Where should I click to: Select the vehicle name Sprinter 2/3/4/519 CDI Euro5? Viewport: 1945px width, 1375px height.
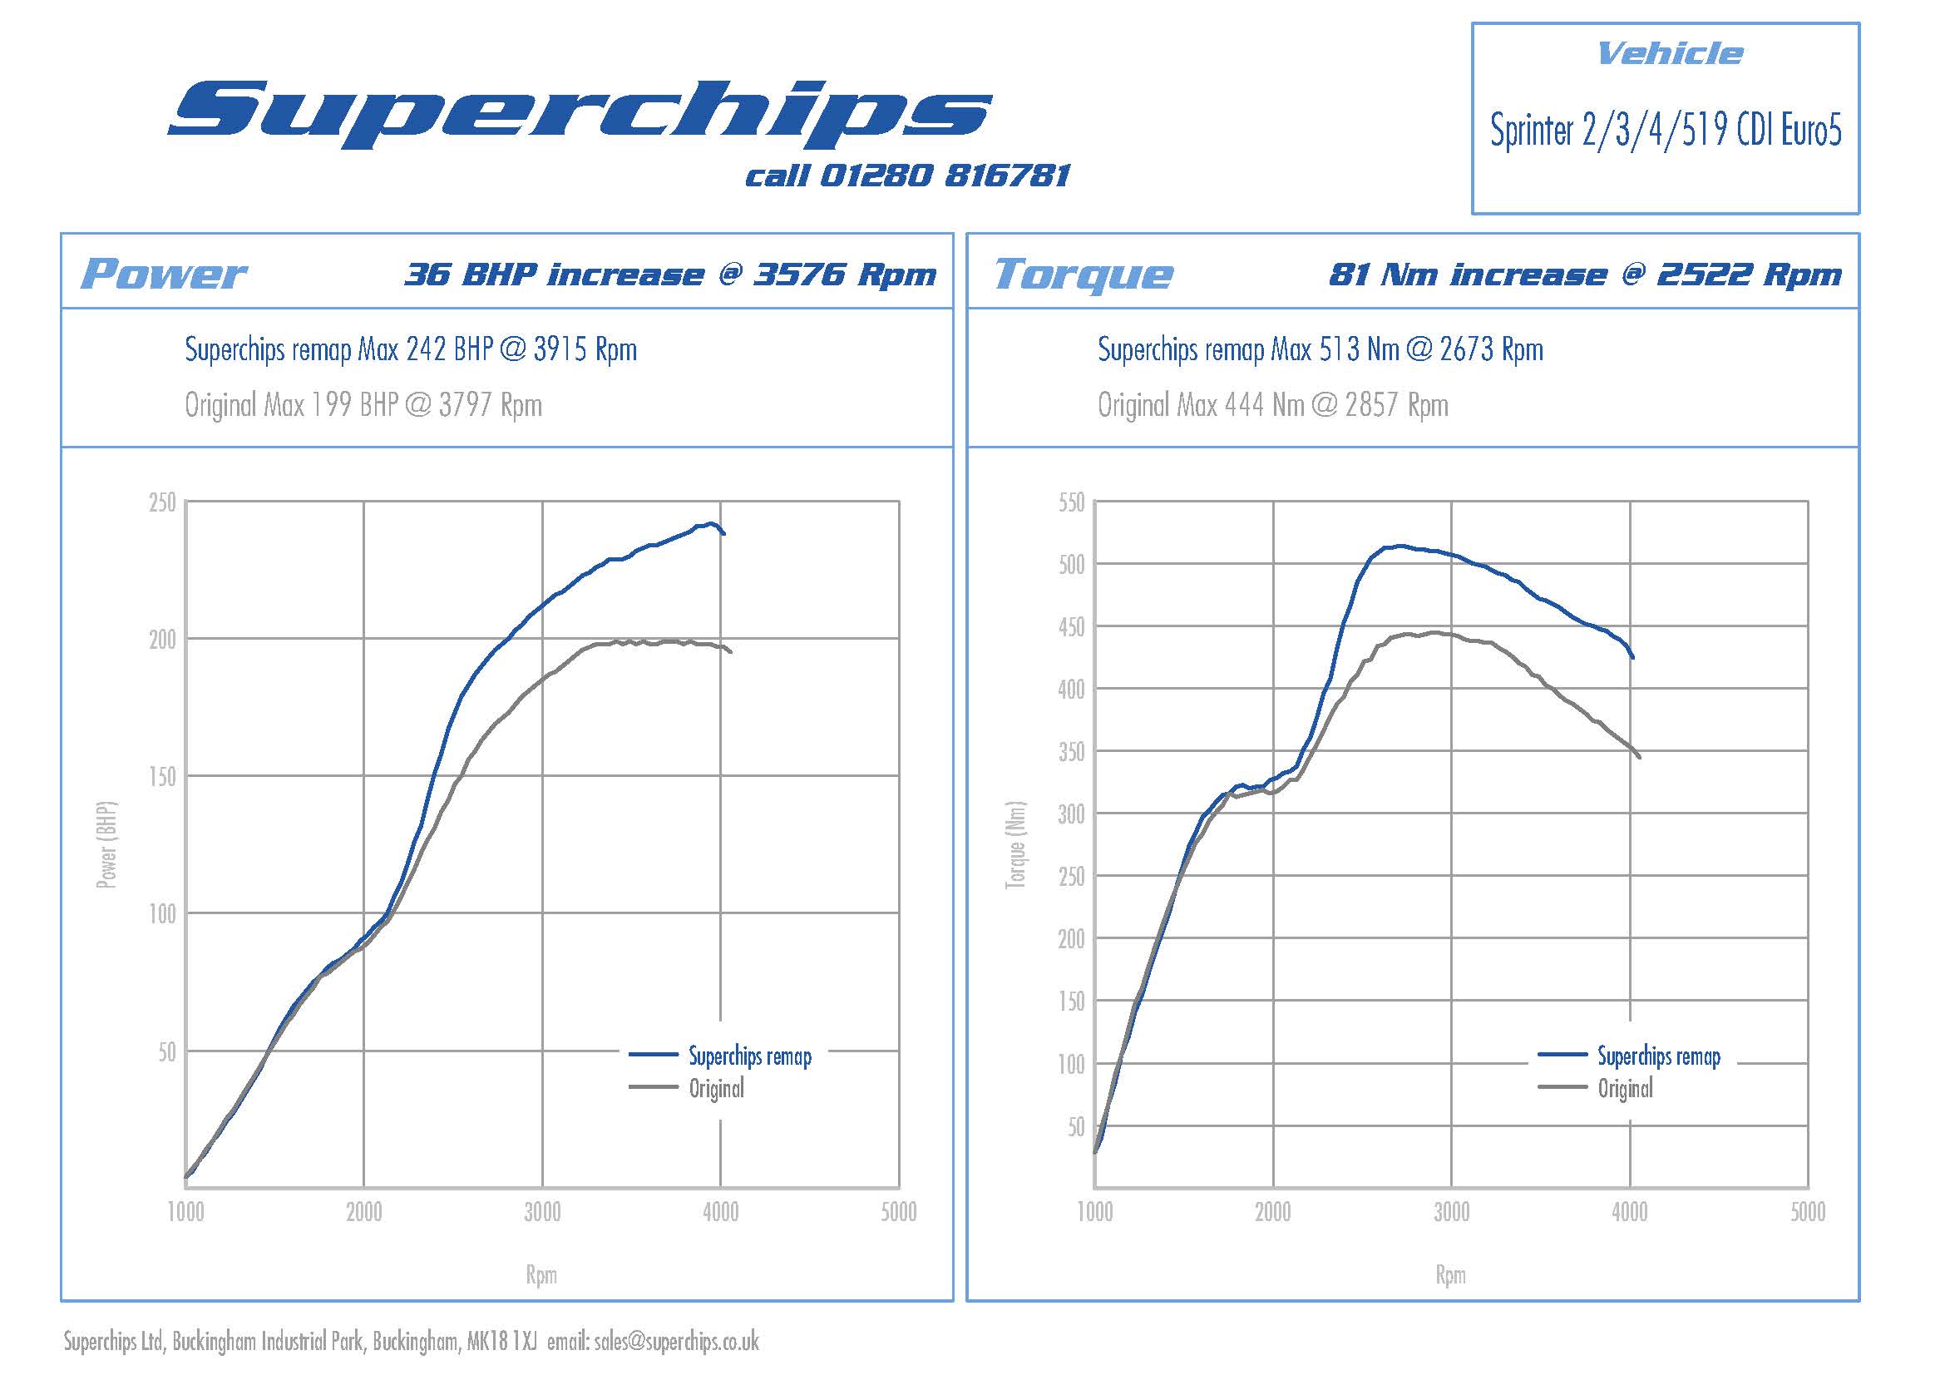pyautogui.click(x=1666, y=131)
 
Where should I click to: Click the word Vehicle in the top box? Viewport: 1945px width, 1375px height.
pyautogui.click(x=1669, y=54)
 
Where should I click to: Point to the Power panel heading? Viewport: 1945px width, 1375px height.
pyautogui.click(x=163, y=274)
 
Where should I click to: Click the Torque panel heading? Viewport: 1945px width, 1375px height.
pyautogui.click(x=1084, y=274)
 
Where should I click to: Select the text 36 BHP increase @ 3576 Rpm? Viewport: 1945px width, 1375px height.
pyautogui.click(x=670, y=275)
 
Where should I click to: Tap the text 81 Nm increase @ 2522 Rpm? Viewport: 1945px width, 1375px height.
pyautogui.click(x=1585, y=275)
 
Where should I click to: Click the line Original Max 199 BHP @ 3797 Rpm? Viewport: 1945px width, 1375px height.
pyautogui.click(x=363, y=405)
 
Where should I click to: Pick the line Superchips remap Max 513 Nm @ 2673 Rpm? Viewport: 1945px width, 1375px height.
pyautogui.click(x=1320, y=349)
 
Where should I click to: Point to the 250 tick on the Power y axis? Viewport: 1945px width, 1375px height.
pyautogui.click(x=162, y=502)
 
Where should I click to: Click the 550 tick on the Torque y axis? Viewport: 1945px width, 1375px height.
pyautogui.click(x=1071, y=502)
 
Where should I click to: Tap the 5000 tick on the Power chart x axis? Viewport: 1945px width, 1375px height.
pyautogui.click(x=898, y=1212)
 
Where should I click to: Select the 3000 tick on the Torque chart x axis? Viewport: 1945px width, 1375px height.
pyautogui.click(x=1451, y=1212)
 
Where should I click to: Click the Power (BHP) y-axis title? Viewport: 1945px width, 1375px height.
pyautogui.click(x=106, y=844)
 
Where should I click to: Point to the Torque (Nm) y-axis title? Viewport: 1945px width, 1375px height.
pyautogui.click(x=1014, y=844)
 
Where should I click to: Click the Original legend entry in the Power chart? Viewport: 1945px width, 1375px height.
pyautogui.click(x=716, y=1089)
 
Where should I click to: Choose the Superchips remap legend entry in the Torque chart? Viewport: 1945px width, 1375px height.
pyautogui.click(x=1658, y=1056)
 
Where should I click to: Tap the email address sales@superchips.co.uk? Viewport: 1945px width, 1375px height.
pyautogui.click(x=676, y=1342)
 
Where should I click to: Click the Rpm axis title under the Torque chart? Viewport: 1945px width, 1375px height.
pyautogui.click(x=1450, y=1275)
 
